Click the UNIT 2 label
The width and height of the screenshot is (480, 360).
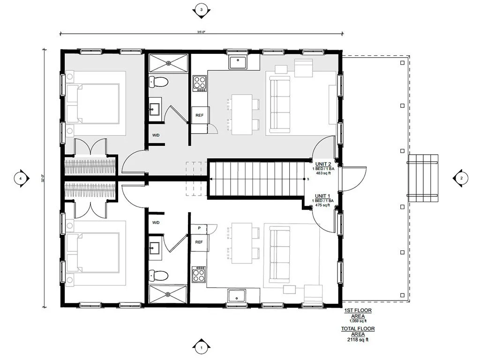point(323,164)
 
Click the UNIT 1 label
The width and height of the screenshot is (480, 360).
point(323,196)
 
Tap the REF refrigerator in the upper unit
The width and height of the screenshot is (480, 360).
point(200,115)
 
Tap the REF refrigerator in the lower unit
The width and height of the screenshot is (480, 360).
point(199,242)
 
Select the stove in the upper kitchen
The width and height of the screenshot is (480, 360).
point(200,83)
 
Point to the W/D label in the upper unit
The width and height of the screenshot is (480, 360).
point(156,135)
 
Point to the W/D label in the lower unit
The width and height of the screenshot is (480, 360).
point(156,222)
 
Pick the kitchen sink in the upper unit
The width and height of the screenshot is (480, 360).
point(238,61)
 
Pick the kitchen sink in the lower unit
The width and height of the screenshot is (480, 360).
point(237,296)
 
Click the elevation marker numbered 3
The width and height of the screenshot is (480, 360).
point(201,10)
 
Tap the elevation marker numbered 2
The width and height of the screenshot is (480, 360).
point(461,178)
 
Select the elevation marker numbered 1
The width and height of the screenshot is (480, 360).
point(201,347)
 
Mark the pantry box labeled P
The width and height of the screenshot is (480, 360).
point(200,228)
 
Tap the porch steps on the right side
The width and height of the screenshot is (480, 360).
point(422,178)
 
